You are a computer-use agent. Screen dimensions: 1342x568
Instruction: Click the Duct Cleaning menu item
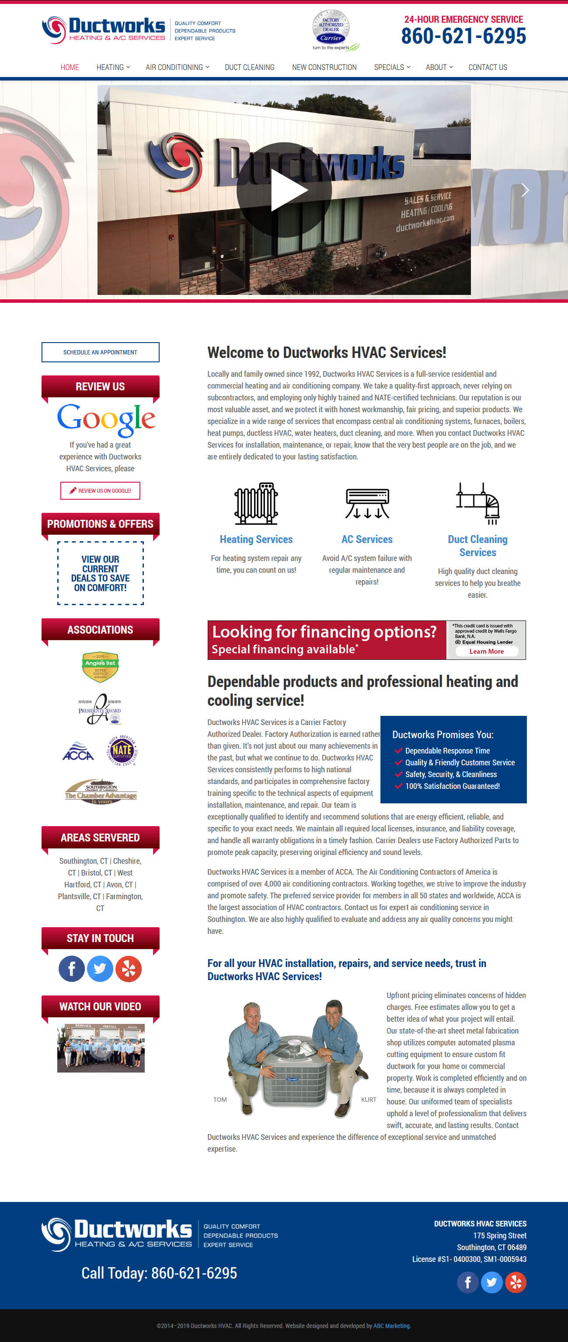tap(249, 67)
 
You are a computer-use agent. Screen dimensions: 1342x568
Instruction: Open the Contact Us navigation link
tap(487, 67)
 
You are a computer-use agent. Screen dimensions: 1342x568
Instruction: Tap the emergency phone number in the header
tap(463, 36)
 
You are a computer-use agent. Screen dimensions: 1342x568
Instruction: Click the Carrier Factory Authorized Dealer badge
tap(331, 30)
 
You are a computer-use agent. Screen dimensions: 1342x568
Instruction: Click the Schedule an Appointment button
tap(101, 352)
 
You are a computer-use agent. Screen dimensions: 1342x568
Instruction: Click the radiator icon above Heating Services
tap(256, 503)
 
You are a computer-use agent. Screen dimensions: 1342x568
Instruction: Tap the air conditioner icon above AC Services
tap(367, 503)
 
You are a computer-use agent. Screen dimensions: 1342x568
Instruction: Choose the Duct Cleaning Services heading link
tap(477, 546)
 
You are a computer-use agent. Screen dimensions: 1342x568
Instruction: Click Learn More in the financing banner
tap(486, 651)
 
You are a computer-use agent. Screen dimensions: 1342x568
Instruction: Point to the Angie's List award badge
tap(101, 666)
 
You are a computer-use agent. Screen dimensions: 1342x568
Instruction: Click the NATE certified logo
tap(122, 751)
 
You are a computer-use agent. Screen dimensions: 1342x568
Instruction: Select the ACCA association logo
tap(78, 751)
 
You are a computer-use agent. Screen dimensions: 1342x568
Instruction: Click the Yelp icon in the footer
tap(516, 1282)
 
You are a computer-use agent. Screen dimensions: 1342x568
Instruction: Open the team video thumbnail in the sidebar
tap(101, 1048)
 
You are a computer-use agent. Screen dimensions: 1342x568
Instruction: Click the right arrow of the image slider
tap(525, 190)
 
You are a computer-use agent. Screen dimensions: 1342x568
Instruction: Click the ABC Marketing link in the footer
tap(391, 1326)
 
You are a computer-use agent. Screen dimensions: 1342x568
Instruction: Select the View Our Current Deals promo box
tap(101, 573)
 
